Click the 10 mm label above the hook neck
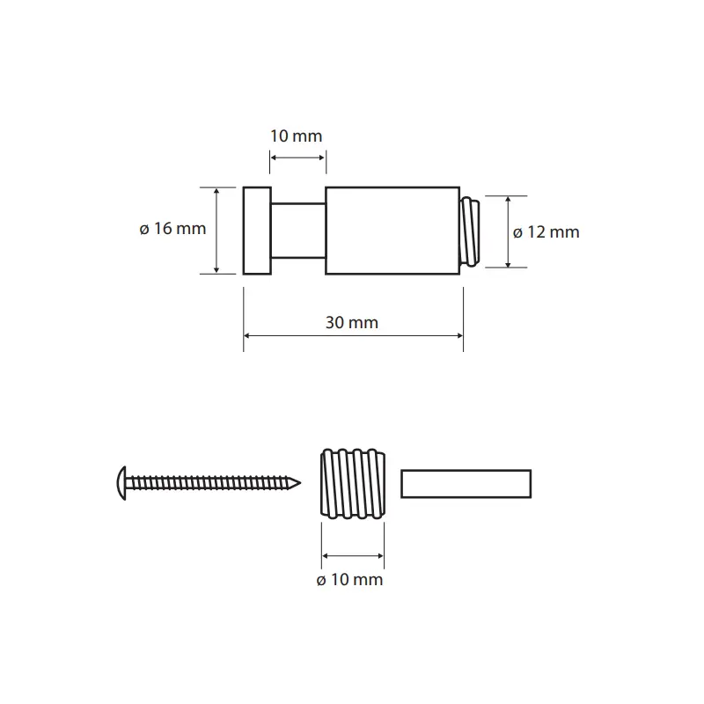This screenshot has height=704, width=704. [296, 136]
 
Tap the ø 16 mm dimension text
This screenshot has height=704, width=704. [172, 229]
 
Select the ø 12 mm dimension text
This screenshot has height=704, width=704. [546, 232]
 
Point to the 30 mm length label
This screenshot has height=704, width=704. [352, 322]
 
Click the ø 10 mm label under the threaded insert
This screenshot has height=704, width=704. [349, 580]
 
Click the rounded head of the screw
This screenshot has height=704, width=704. [121, 483]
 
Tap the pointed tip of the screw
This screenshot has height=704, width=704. [299, 483]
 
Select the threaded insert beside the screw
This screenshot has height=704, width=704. [353, 483]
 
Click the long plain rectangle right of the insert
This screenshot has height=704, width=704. [466, 483]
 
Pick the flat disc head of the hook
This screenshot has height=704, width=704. [257, 231]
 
